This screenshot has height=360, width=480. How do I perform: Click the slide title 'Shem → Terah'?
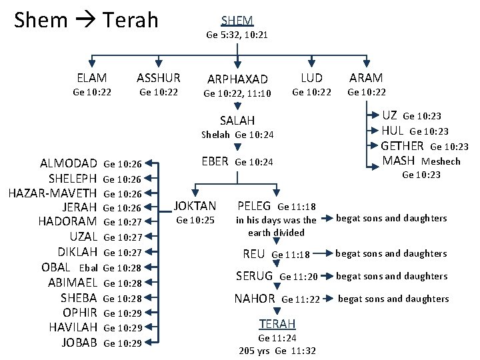[86, 20]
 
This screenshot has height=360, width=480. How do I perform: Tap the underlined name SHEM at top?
[237, 21]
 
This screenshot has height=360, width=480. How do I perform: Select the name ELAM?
[92, 78]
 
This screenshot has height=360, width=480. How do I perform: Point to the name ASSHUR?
[158, 78]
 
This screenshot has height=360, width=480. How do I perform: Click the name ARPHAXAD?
[237, 79]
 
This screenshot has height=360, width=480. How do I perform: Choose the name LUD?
[311, 78]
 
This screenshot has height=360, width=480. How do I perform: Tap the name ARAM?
[367, 78]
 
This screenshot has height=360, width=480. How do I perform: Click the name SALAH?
[237, 121]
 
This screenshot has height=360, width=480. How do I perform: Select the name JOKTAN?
[195, 206]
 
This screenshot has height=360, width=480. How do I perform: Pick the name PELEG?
[254, 206]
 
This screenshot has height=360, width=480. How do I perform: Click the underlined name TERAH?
[277, 323]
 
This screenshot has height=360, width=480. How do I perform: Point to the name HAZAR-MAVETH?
[53, 193]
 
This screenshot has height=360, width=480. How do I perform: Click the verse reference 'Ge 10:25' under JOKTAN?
[195, 220]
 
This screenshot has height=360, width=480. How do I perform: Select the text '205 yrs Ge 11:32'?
[277, 351]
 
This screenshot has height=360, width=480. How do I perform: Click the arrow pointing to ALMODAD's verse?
[153, 163]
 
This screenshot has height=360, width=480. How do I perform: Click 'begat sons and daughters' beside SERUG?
[391, 276]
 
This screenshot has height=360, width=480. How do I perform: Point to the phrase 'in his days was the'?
[276, 220]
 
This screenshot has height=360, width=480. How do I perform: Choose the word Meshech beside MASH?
[441, 161]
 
